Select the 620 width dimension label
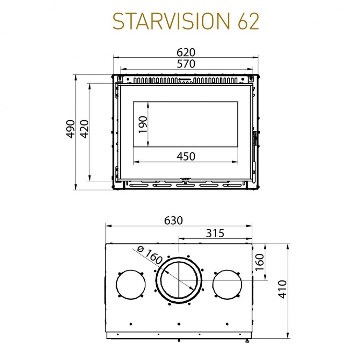(186, 52)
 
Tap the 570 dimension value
(186, 64)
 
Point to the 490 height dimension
(71, 129)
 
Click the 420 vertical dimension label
(85, 129)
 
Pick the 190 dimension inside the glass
(143, 124)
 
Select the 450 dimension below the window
(186, 156)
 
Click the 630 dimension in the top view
(173, 221)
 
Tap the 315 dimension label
(215, 233)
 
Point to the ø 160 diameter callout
(150, 254)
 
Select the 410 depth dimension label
(283, 289)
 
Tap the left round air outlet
(131, 284)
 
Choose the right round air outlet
(227, 284)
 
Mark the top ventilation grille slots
(186, 80)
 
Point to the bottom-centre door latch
(185, 179)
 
